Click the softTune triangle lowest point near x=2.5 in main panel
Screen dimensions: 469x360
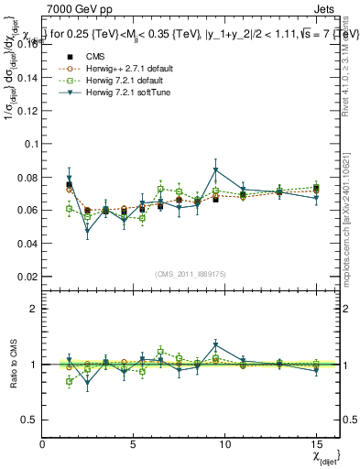[88, 232]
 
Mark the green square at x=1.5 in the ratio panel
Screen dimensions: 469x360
[70, 381]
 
